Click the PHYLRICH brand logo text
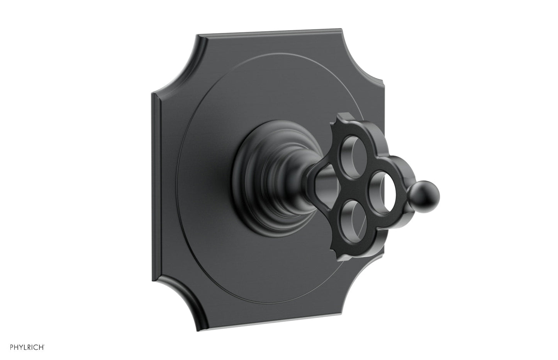(x=27, y=347)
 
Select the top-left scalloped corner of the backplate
(x=175, y=67)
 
